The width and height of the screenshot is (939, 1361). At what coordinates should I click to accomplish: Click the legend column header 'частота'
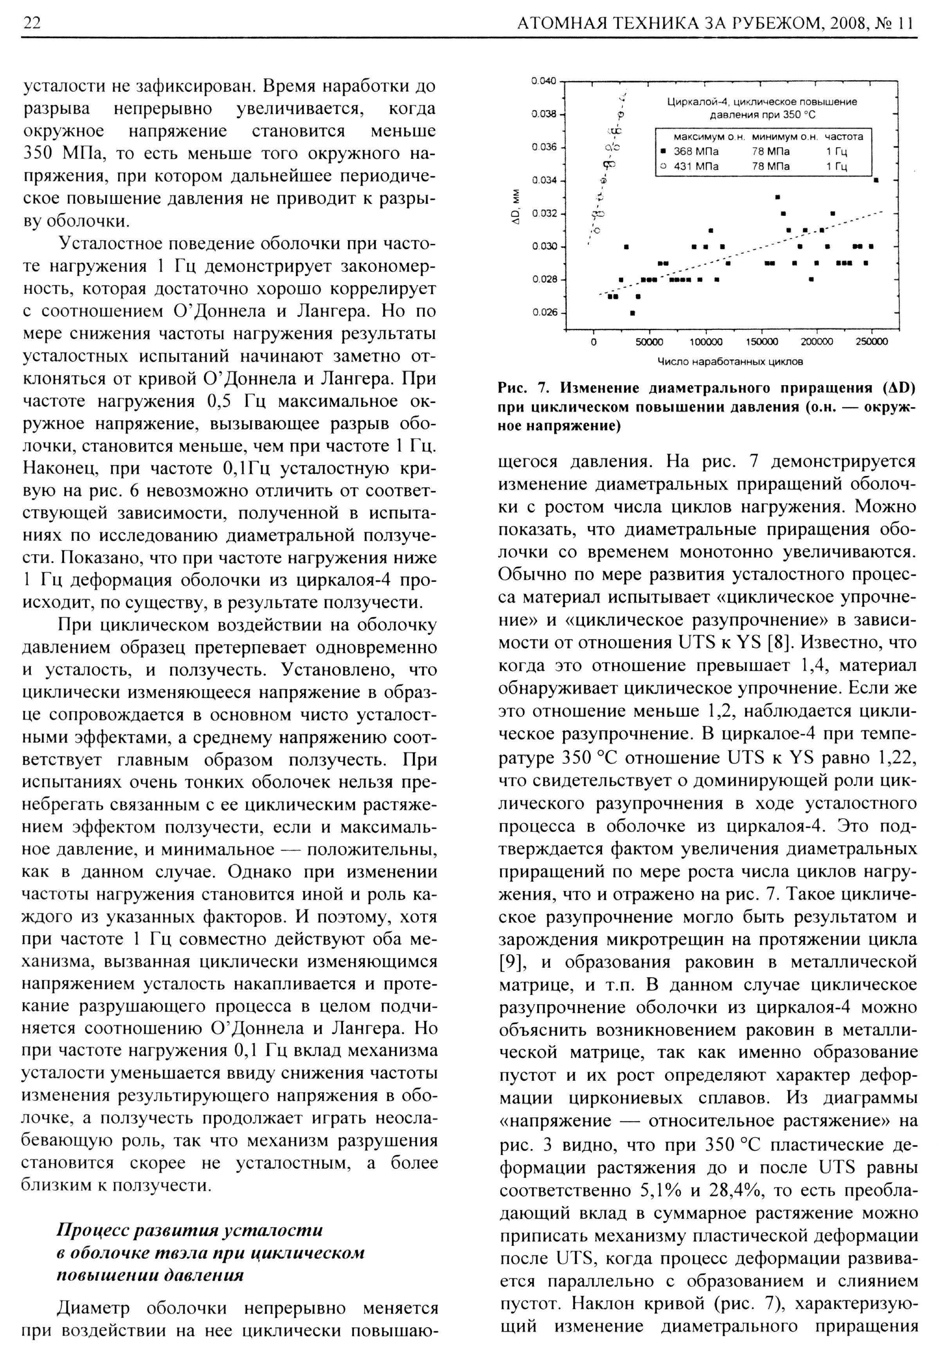point(844,137)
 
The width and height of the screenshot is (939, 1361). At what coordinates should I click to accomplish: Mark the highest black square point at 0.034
point(876,180)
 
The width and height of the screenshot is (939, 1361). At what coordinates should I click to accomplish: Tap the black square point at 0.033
point(777,196)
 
